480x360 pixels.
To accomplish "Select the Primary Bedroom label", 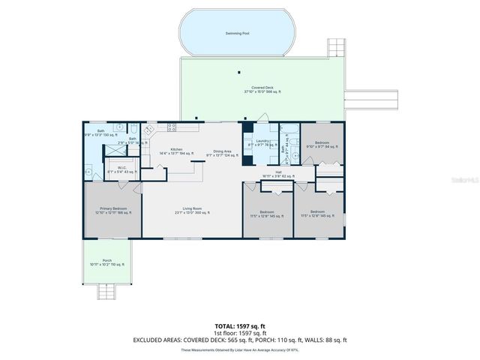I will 109,211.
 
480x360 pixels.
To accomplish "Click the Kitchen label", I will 176,151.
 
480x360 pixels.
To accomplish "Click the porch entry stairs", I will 109,291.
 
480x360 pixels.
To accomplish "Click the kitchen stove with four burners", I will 171,128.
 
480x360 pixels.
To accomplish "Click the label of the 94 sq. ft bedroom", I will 322,143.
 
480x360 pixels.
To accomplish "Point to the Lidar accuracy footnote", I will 239,349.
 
